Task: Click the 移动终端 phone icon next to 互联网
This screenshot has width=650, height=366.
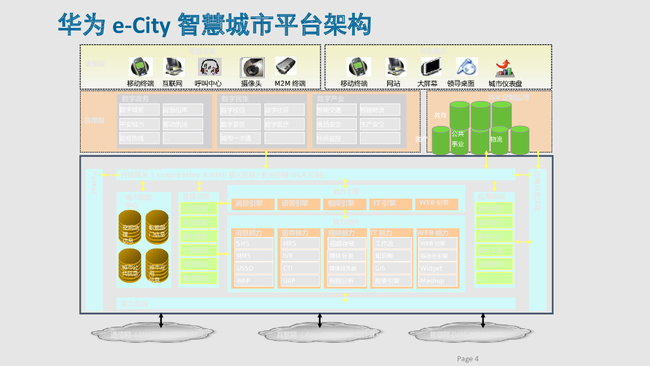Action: [140, 67]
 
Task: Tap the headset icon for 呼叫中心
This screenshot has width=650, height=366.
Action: [209, 67]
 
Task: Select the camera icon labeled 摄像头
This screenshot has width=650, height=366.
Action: [251, 67]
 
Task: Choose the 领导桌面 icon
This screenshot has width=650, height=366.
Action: [467, 67]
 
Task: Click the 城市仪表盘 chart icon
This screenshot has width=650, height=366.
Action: [505, 67]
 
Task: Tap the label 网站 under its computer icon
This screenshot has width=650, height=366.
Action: [394, 83]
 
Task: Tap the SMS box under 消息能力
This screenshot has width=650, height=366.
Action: [253, 243]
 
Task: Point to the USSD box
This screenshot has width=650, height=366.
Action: [253, 268]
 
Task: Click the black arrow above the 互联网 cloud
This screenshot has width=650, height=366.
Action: [319, 321]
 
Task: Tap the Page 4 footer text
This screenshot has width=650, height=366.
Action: [468, 359]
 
